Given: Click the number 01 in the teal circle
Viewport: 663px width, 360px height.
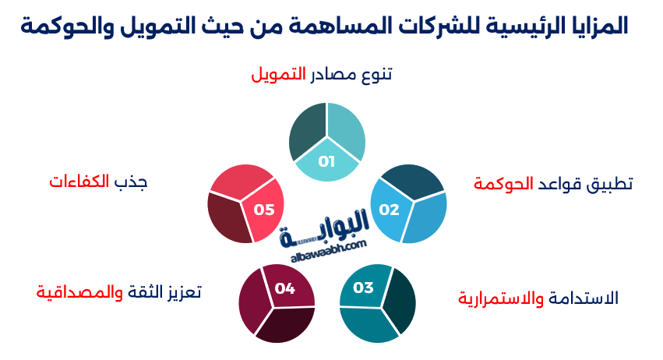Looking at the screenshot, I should click(x=326, y=162).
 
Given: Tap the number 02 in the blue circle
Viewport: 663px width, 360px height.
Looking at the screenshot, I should click(x=389, y=210).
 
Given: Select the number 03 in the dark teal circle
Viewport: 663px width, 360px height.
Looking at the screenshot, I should click(x=364, y=288).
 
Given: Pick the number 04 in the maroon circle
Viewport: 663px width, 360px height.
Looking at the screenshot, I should click(x=284, y=289).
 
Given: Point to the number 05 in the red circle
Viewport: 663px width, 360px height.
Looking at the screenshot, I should click(x=264, y=210).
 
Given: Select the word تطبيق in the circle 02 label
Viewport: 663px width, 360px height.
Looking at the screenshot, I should click(x=610, y=185).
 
